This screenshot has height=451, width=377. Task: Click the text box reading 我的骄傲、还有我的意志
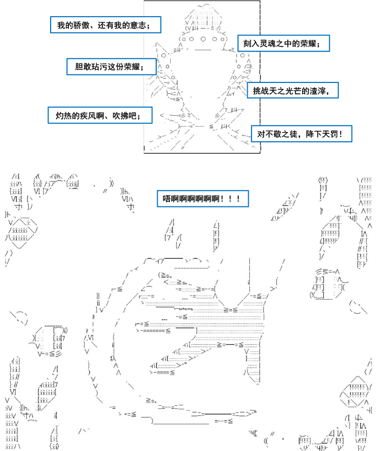tap(106, 25)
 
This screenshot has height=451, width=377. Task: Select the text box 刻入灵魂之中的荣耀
tap(283, 44)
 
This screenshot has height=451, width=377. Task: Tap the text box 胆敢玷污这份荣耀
tap(111, 67)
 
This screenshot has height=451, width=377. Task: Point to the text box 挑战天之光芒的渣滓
tap(293, 91)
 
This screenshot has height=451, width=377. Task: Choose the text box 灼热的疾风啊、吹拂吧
tap(100, 115)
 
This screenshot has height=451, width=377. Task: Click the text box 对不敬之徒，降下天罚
tap(302, 134)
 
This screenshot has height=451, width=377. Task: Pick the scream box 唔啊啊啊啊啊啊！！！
tap(203, 198)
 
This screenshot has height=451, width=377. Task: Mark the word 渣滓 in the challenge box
tap(318, 91)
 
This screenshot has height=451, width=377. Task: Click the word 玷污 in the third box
tap(100, 67)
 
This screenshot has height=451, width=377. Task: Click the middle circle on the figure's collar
tap(203, 39)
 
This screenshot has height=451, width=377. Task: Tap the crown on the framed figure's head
tap(204, 17)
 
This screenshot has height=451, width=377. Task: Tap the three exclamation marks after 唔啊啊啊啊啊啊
tap(230, 198)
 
